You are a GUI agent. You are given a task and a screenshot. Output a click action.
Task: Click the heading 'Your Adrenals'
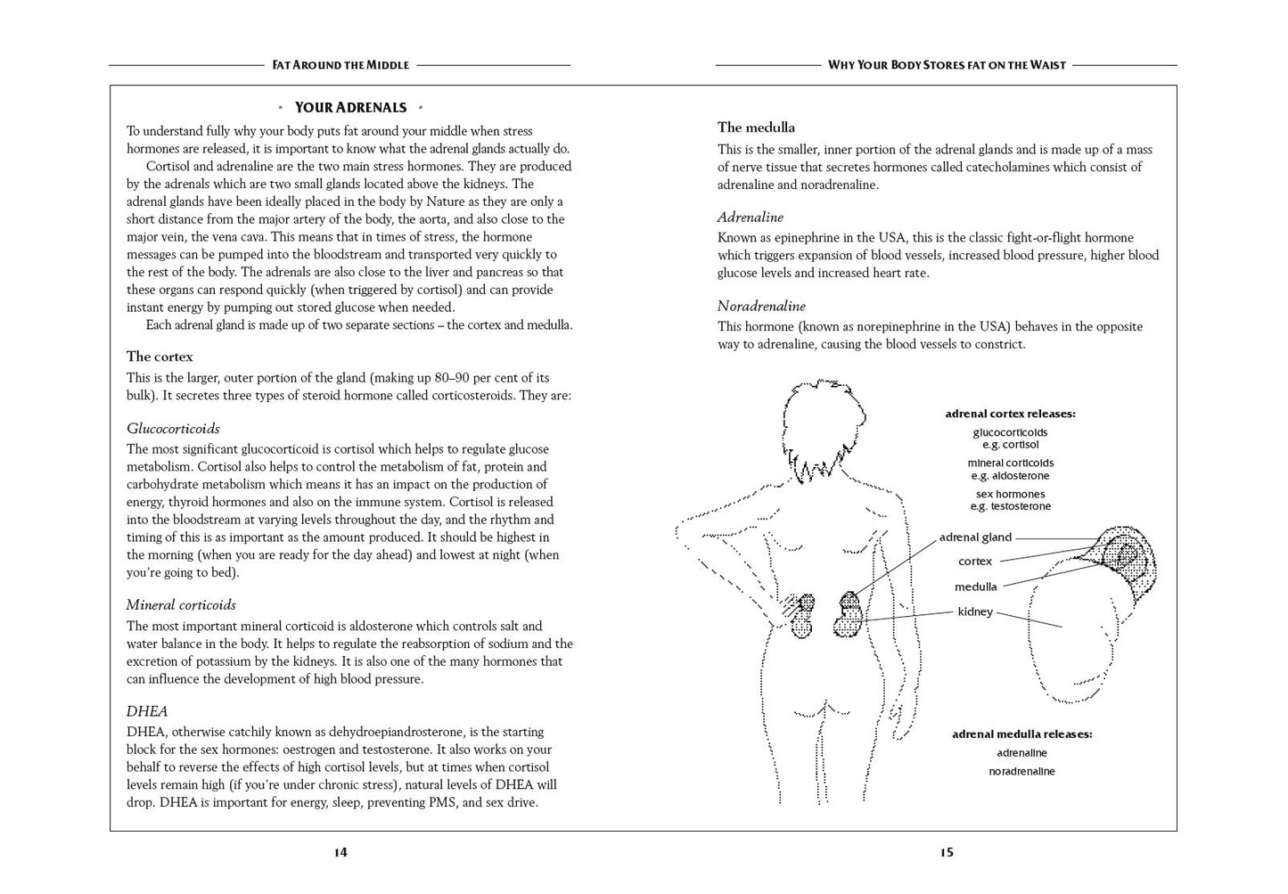350,108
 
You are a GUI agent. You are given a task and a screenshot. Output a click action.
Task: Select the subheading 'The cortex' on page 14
160,357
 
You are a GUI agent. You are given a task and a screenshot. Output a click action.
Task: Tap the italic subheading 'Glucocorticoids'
173,429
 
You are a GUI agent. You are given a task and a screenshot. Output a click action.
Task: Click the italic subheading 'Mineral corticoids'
181,605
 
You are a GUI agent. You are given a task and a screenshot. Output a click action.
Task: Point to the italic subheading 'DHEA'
147,711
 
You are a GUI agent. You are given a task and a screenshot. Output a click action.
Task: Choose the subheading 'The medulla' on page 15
756,127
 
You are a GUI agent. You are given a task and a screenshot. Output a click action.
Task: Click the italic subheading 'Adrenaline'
751,217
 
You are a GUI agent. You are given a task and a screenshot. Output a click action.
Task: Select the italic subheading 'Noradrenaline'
761,307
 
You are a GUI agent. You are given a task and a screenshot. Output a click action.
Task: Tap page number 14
340,852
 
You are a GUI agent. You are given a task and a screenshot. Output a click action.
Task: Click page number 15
947,852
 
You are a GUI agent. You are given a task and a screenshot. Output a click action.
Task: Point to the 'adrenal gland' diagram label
975,537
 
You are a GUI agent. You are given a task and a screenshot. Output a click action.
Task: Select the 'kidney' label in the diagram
975,611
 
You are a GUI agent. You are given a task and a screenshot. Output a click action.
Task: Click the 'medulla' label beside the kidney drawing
975,586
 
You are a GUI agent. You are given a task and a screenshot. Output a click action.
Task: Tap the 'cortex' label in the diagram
975,562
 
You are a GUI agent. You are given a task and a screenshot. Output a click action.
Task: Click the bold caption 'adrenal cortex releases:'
1010,414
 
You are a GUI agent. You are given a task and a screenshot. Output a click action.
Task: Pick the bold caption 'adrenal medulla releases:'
1021,734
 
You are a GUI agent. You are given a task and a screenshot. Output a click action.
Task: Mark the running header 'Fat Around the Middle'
340,65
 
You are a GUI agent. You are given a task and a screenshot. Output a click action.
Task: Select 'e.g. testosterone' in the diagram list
1011,506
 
